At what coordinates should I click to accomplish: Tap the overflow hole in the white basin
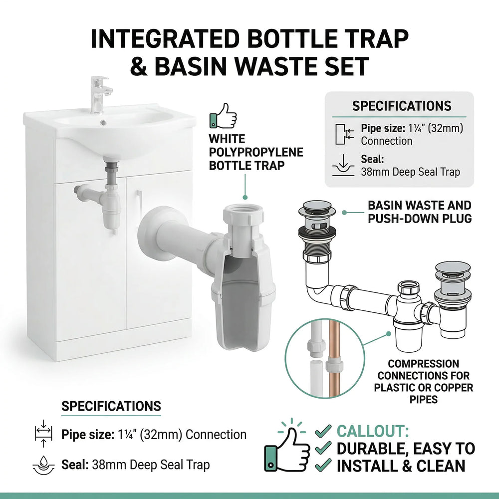pos(103,122)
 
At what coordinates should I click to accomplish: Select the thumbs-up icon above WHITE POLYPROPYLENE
pos(223,116)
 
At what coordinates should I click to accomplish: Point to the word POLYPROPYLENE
pos(256,152)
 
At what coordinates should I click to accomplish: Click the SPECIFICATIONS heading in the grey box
pos(402,106)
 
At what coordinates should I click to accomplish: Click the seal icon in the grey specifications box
pos(343,166)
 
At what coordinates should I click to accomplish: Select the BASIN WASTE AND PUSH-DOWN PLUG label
pos(420,212)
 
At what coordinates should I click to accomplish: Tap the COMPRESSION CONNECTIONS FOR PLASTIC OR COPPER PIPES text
pos(423,381)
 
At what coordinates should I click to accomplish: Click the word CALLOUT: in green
pos(373,431)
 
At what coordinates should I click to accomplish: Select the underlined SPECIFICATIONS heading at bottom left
pos(111,406)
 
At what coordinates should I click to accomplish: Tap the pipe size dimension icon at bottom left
pos(43,434)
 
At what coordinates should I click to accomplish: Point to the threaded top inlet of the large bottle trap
pos(243,215)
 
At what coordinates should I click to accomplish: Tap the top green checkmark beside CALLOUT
pos(323,431)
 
